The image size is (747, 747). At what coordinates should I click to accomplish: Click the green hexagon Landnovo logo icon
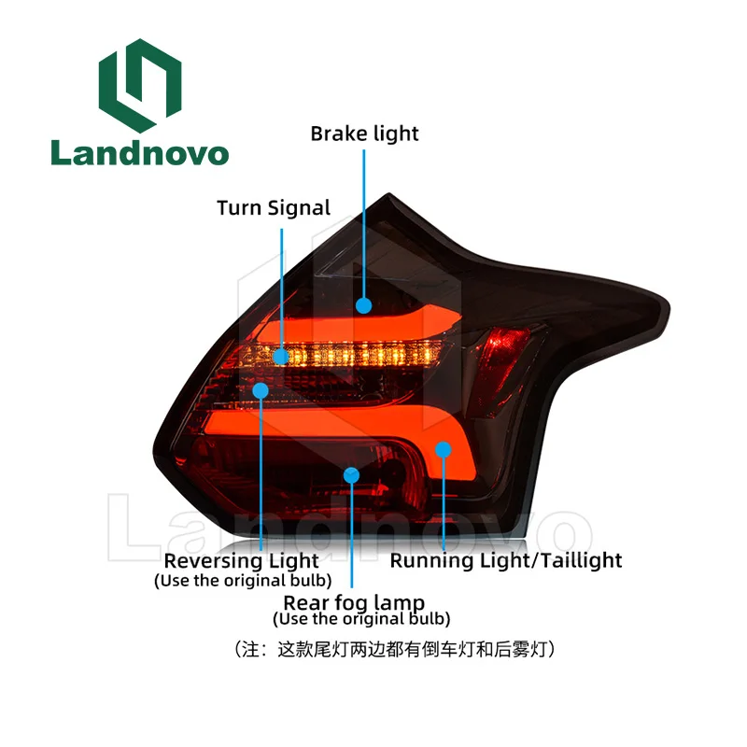click(139, 86)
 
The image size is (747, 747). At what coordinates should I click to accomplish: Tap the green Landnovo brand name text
click(139, 152)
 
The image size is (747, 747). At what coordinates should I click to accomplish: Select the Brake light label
click(364, 134)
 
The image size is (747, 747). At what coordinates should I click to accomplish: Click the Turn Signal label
click(274, 207)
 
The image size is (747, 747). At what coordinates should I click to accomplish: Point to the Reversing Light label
click(241, 561)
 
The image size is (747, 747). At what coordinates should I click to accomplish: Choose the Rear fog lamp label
click(354, 602)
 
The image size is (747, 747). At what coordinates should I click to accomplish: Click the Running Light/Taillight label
click(505, 560)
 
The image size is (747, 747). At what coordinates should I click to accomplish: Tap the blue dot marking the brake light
click(363, 304)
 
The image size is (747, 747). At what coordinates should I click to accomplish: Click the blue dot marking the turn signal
click(281, 357)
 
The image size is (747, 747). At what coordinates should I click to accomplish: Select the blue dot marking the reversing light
click(261, 390)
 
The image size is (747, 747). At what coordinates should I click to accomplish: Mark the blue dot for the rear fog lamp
click(351, 475)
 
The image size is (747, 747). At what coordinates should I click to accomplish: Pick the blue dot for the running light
click(443, 450)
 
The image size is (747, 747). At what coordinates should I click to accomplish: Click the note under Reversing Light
click(241, 581)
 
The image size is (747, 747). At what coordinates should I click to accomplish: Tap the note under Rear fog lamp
click(361, 619)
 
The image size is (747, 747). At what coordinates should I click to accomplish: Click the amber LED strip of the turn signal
click(373, 356)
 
